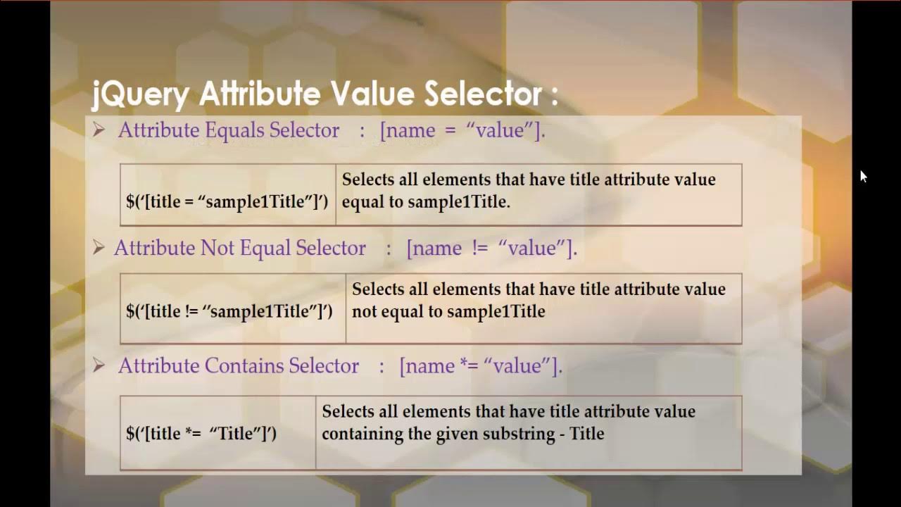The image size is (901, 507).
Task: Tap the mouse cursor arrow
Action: tap(863, 176)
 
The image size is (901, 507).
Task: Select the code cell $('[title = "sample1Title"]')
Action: tap(227, 201)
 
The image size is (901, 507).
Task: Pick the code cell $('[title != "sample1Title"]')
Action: tap(229, 311)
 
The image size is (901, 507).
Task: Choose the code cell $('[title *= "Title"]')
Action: tap(201, 433)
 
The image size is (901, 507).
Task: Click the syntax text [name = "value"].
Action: tap(462, 130)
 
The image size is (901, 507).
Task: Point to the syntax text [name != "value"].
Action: tap(491, 248)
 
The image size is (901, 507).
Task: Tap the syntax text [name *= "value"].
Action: tap(481, 365)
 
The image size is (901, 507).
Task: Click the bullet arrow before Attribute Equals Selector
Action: tap(99, 130)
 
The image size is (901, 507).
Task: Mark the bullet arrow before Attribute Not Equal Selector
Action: tap(99, 247)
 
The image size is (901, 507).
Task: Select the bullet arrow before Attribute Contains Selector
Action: tap(99, 365)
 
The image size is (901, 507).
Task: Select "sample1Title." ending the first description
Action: tap(459, 201)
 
